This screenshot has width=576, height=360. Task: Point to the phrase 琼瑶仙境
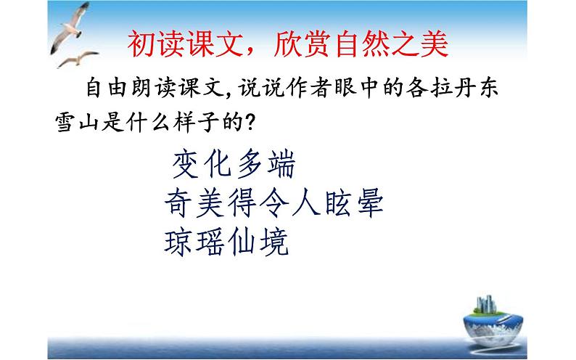(227, 242)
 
